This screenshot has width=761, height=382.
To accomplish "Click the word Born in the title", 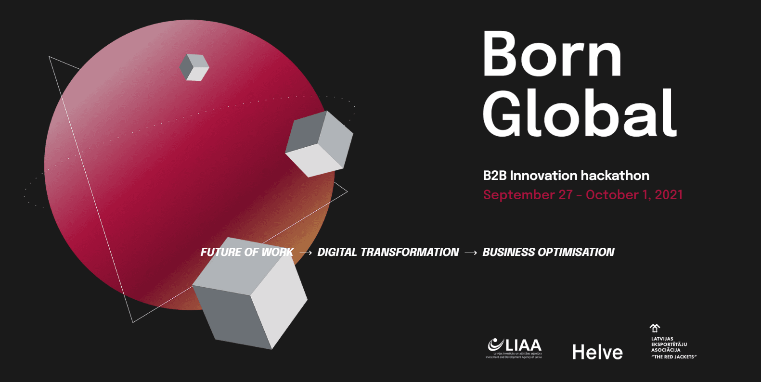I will pyautogui.click(x=552, y=54).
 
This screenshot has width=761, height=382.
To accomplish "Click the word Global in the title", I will pyautogui.click(x=580, y=113).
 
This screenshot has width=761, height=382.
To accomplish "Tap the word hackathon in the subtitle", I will pyautogui.click(x=615, y=176).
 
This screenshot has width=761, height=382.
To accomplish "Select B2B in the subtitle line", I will pyautogui.click(x=495, y=176).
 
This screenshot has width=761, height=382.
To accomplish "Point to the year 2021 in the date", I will pyautogui.click(x=669, y=195).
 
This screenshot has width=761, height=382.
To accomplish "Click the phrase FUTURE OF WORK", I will pyautogui.click(x=247, y=252).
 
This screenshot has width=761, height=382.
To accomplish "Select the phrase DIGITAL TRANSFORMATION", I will pyautogui.click(x=388, y=252).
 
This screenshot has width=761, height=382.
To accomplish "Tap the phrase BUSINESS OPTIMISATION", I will pyautogui.click(x=548, y=252).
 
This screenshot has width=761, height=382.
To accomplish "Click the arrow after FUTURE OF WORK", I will pyautogui.click(x=306, y=253).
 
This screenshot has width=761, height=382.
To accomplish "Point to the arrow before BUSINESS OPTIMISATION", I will pyautogui.click(x=471, y=253).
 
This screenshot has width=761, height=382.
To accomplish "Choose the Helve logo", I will pyautogui.click(x=597, y=352).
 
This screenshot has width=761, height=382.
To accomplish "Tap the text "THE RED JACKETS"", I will pyautogui.click(x=674, y=357).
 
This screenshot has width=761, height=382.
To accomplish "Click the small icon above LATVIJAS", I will pyautogui.click(x=655, y=328).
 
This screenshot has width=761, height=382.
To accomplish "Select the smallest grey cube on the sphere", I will pyautogui.click(x=194, y=67).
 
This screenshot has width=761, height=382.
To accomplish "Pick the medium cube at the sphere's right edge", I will pyautogui.click(x=319, y=143).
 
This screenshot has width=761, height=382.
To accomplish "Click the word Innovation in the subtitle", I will pyautogui.click(x=543, y=176).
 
